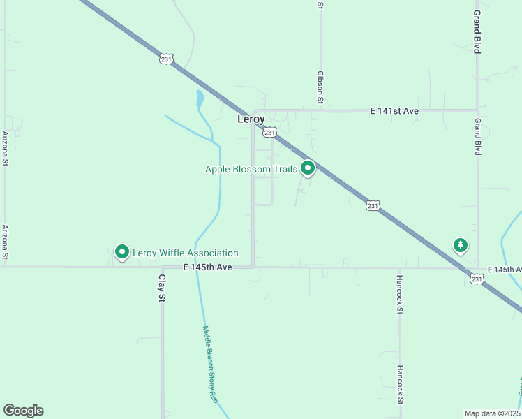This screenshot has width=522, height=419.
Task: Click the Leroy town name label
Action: [251, 119]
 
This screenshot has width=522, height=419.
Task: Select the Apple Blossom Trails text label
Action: [251, 169]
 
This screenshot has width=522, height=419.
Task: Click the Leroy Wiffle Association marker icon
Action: [122, 251]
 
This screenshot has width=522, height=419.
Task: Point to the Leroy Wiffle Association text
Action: [186, 253]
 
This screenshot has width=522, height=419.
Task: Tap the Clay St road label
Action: [161, 288]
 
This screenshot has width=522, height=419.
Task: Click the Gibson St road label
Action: [320, 87]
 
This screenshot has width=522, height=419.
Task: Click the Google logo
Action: [23, 411]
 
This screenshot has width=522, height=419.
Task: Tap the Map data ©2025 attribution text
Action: [492, 413]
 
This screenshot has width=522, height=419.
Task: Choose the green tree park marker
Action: [460, 245]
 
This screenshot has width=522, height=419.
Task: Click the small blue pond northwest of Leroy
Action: [200, 98]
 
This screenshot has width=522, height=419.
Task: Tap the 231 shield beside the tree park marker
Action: [476, 279]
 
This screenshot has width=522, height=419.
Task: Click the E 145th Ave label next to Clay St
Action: [207, 267]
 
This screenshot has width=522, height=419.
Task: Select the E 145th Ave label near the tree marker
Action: [504, 270]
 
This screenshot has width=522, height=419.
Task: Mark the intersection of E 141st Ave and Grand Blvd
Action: [478, 110]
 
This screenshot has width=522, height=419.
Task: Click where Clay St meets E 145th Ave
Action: [162, 267]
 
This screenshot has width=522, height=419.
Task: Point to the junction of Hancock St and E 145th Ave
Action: [400, 267]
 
